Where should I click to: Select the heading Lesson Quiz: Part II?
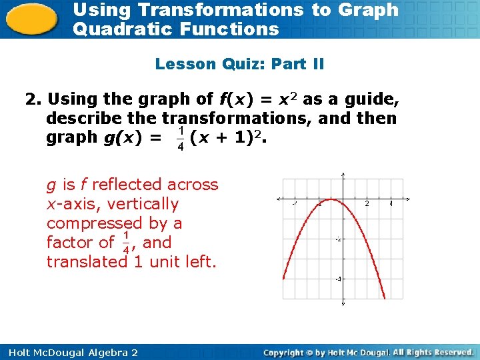click(239, 64)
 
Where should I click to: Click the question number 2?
click(32, 100)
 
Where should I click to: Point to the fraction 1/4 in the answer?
click(126, 243)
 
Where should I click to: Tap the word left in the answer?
click(199, 262)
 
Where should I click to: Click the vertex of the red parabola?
click(331, 200)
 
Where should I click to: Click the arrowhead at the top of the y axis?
click(343, 177)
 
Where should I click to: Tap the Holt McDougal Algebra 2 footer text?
click(70, 352)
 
